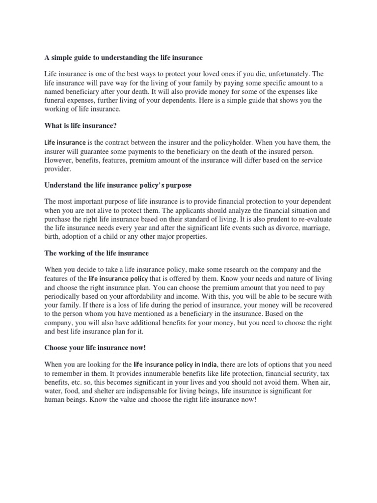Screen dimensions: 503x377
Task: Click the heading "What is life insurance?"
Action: [x=81, y=126]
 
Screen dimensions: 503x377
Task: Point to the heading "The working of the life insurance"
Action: [x=96, y=253]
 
